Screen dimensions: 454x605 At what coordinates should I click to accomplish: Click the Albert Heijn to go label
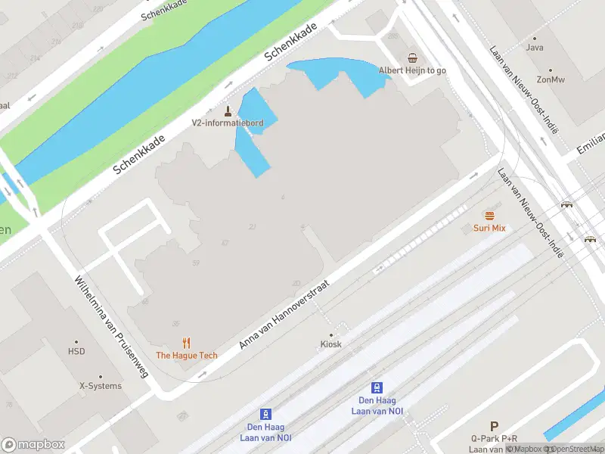[x=413, y=70]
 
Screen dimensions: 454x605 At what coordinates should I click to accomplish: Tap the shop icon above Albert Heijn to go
[x=413, y=58]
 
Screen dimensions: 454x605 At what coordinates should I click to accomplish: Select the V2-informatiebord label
[x=227, y=123]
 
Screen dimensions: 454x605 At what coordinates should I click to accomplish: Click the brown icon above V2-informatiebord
[x=228, y=110]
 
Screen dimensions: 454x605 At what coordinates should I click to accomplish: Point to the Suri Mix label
[x=489, y=228]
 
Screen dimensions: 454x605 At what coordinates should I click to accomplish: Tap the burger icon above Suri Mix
[x=490, y=216]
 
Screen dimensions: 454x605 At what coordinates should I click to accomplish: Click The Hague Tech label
[x=187, y=355]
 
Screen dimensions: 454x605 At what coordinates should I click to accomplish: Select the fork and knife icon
[x=187, y=343]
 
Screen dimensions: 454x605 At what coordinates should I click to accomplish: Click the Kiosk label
[x=330, y=344]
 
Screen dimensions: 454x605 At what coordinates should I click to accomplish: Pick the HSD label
[x=76, y=352]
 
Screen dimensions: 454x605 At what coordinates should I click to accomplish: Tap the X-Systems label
[x=101, y=386]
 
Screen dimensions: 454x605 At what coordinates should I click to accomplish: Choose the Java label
[x=535, y=48]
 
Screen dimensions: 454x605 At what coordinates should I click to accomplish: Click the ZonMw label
[x=551, y=79]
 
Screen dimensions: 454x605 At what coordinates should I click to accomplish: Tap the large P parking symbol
[x=494, y=427]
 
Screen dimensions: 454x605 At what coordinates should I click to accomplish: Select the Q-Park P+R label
[x=494, y=439]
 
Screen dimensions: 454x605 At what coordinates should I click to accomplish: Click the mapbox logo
[x=33, y=445]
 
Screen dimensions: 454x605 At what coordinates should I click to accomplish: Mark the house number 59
[x=196, y=263]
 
